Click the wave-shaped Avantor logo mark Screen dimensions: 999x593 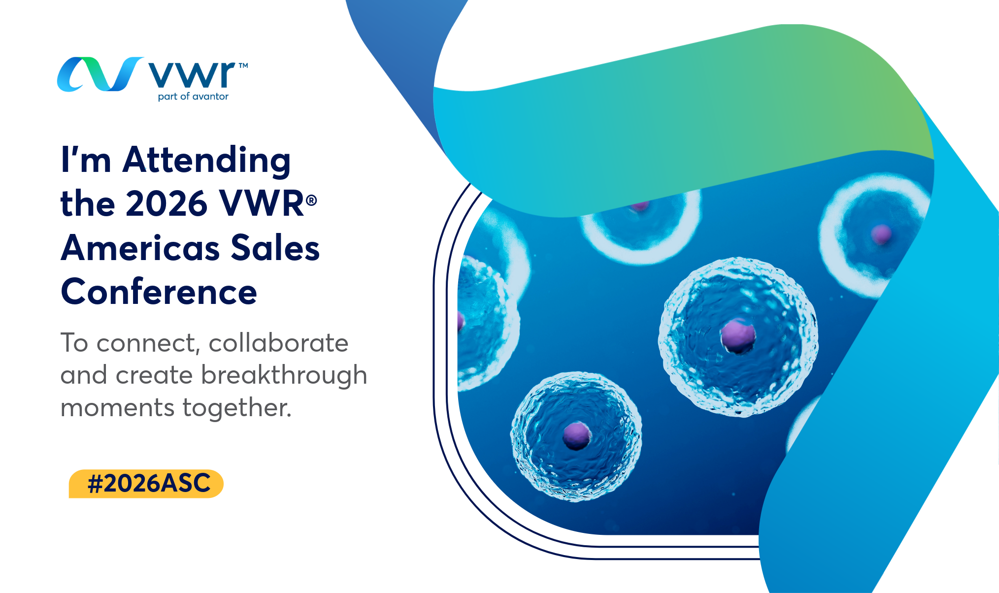coord(100,74)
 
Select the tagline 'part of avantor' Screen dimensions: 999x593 coord(193,97)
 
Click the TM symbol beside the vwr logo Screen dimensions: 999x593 coord(243,65)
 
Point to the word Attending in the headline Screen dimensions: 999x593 coord(206,161)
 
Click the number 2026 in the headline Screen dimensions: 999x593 coord(166,203)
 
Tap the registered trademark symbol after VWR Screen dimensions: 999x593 coord(311,200)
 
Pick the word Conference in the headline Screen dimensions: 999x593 coord(159,292)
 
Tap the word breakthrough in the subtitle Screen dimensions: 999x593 coord(284,376)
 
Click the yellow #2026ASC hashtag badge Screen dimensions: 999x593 coord(146,484)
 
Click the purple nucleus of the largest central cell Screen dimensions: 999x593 coord(737,336)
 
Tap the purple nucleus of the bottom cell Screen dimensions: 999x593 coord(576,435)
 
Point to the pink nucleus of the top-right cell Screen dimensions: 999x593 coord(881,234)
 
